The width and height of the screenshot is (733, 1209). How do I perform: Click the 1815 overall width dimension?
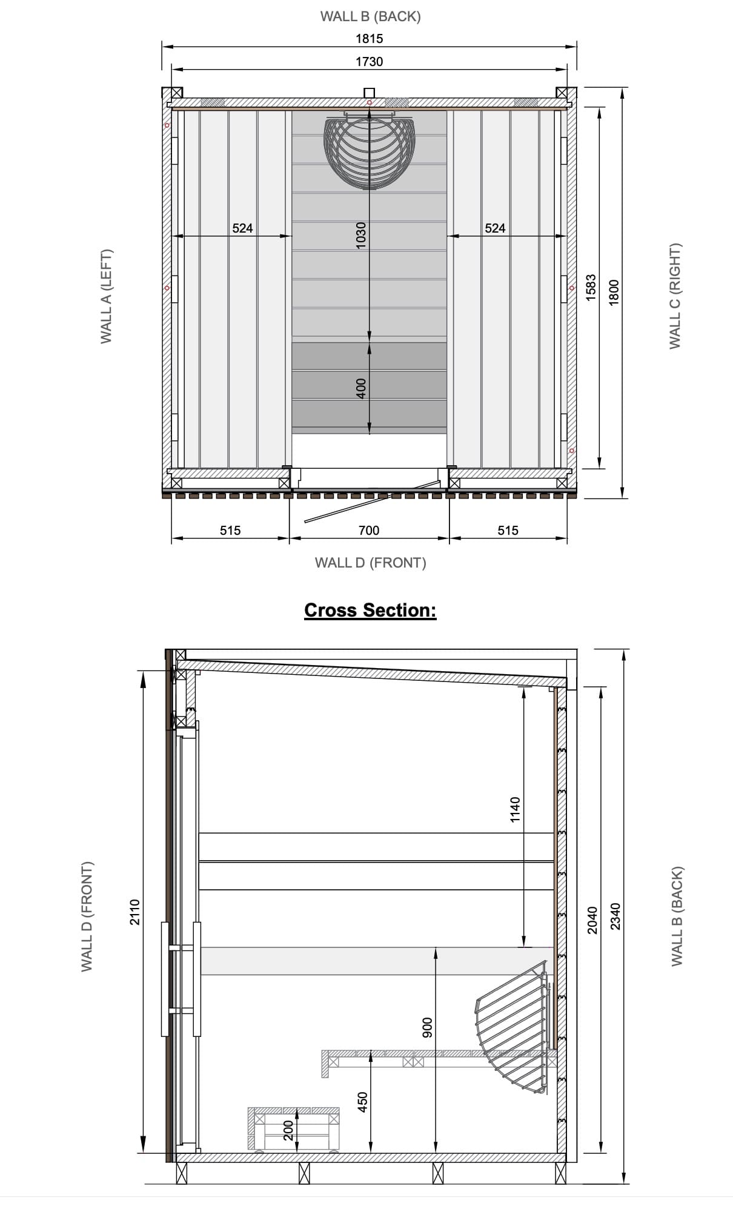point(369,39)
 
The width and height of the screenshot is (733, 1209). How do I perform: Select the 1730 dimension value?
point(369,62)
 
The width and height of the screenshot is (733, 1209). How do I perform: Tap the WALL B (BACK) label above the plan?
point(370,16)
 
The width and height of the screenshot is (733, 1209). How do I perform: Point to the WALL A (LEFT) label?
point(107,296)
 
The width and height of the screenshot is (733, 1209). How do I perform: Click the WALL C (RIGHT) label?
point(675,296)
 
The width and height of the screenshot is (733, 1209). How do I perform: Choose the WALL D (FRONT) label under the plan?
point(370,563)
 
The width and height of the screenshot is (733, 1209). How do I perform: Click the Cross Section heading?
point(370,610)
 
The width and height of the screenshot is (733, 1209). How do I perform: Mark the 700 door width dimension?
point(369,531)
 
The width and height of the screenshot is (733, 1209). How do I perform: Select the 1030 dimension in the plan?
point(361,234)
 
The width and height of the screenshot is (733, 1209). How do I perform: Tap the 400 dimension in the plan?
point(361,388)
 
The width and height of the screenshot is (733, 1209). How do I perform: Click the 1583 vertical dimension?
point(591,287)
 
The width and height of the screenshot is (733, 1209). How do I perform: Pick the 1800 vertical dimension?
point(614,293)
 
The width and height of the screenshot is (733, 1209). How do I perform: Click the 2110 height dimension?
point(135,912)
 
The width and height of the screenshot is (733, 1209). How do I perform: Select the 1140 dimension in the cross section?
point(515,809)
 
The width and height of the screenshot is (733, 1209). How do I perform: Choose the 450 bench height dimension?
point(362,1102)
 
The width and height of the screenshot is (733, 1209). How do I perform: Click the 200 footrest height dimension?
point(288,1130)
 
